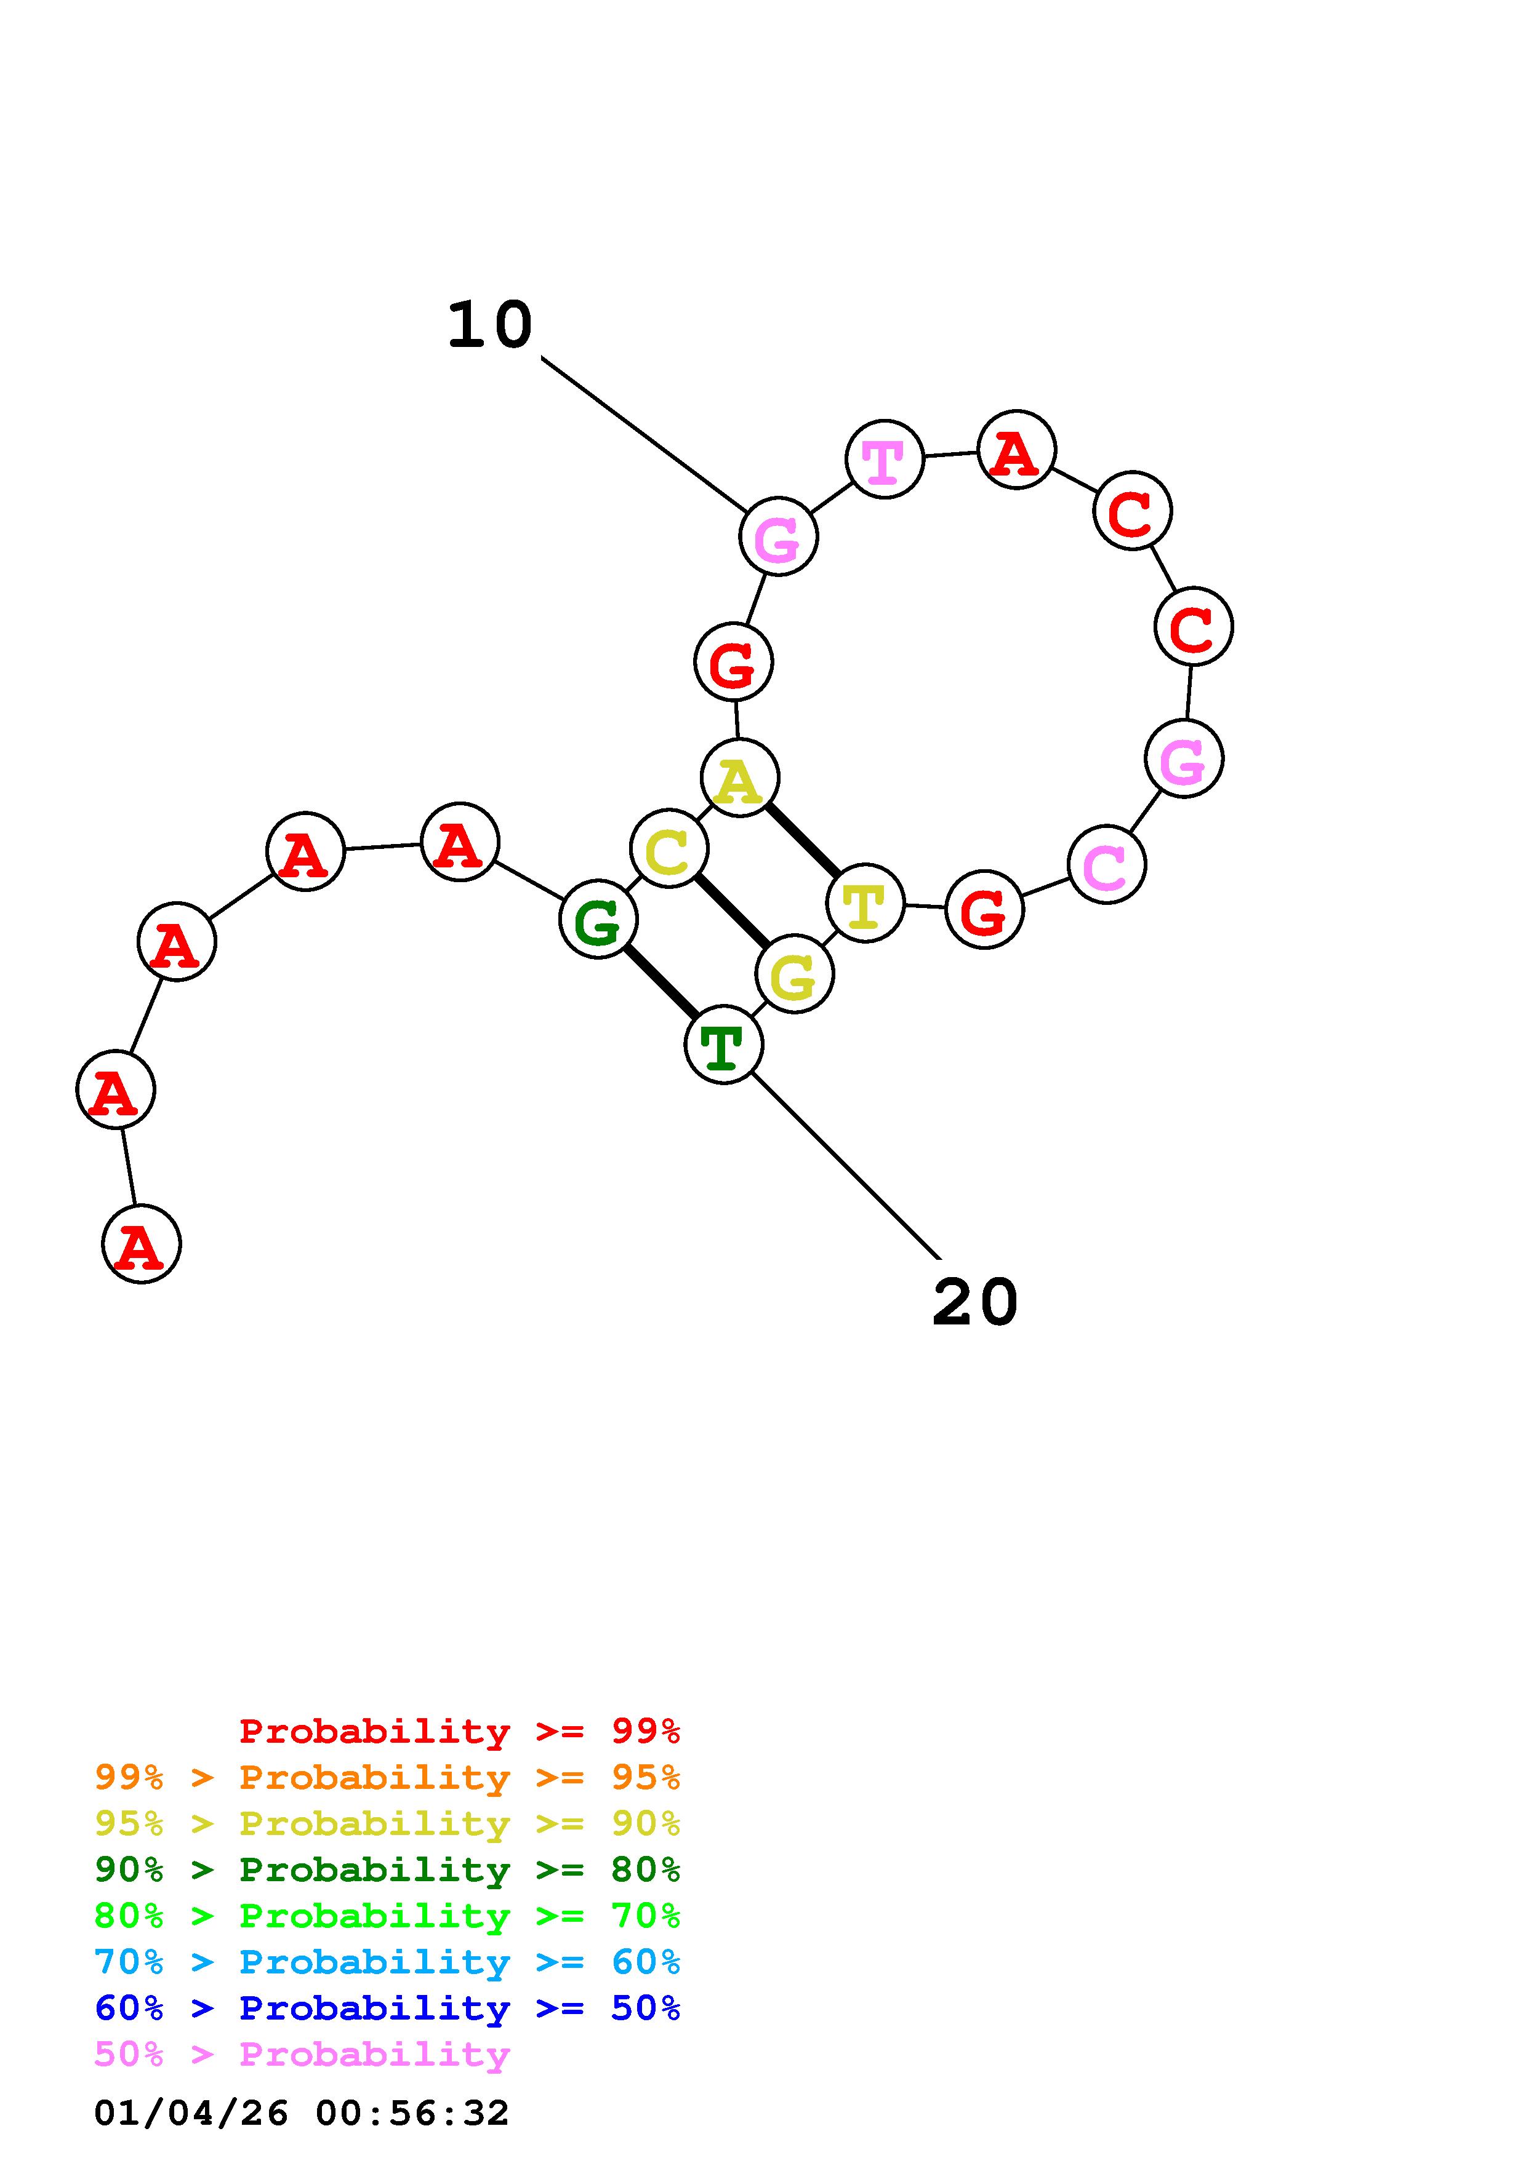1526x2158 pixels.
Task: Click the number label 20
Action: pos(975,1303)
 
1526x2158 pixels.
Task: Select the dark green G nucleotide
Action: pos(598,919)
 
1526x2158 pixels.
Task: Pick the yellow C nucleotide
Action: pos(669,849)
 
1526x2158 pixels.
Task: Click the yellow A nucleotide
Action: pos(740,778)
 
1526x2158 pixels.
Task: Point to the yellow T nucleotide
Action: pos(865,903)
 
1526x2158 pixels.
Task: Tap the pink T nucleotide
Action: pos(884,460)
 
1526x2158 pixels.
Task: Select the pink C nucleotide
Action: pos(1107,865)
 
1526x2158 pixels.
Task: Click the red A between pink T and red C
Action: pos(1016,450)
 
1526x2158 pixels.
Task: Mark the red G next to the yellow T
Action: pos(984,910)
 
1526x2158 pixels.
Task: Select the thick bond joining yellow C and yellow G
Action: pos(731,912)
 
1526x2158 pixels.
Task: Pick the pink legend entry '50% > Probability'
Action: pos(302,2055)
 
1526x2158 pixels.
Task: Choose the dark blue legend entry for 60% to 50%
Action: pos(387,2009)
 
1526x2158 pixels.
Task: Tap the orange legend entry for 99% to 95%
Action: pos(387,1777)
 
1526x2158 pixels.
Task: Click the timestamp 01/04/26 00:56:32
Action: pos(302,2113)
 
